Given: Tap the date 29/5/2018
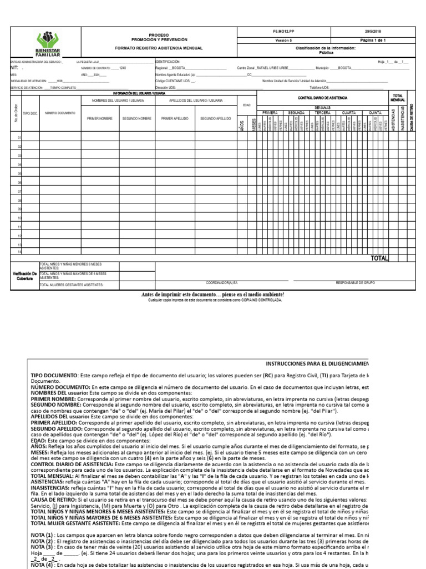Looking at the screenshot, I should point(369,33).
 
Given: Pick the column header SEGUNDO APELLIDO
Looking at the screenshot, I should point(215,118).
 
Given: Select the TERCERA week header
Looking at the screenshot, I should point(323,112).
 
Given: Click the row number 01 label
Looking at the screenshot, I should point(19,138).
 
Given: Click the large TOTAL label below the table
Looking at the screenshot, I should point(379,258).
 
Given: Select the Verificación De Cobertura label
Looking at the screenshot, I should point(24,276).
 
